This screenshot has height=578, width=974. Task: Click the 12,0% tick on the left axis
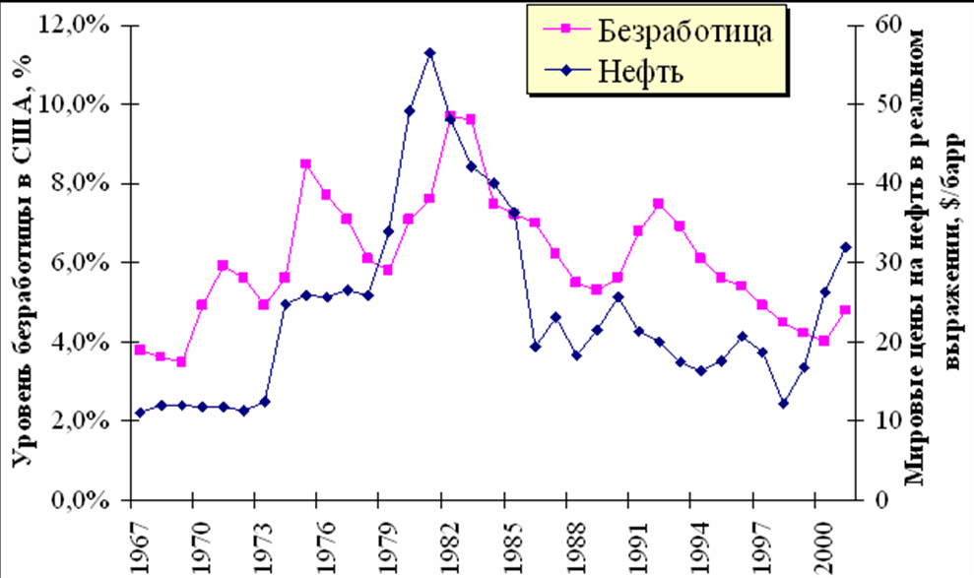(84, 26)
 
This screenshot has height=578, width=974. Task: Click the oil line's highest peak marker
(429, 52)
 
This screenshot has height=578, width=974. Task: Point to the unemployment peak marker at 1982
(450, 116)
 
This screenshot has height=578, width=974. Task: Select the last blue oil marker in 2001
(845, 247)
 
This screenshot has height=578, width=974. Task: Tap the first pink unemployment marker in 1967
(140, 350)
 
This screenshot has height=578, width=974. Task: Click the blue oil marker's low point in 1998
(783, 404)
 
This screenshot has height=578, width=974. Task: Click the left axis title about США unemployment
(22, 261)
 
